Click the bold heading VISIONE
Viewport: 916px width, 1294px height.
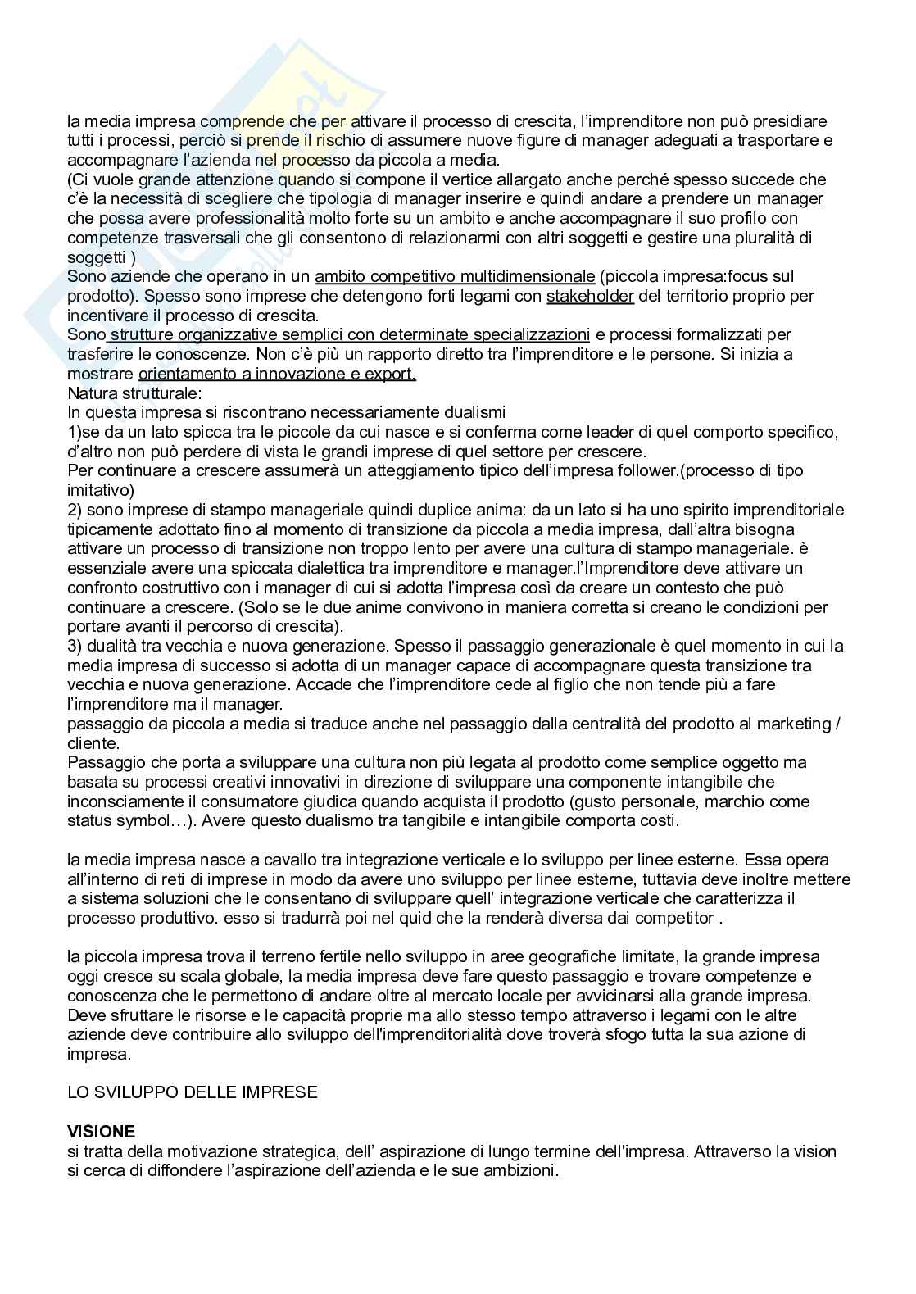pyautogui.click(x=101, y=1132)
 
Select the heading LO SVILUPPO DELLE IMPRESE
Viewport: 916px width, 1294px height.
pyautogui.click(x=192, y=1092)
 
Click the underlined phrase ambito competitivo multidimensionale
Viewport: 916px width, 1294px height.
pyautogui.click(x=454, y=276)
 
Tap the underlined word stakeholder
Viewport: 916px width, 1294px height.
pyautogui.click(x=590, y=296)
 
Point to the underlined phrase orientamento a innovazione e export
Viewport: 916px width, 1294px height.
pyautogui.click(x=277, y=375)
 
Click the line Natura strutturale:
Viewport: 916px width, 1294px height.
pyautogui.click(x=128, y=393)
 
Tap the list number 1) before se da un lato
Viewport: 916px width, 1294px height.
pyautogui.click(x=74, y=432)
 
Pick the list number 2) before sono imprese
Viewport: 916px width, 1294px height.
pyautogui.click(x=75, y=510)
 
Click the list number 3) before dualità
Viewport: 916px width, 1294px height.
pyautogui.click(x=75, y=646)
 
